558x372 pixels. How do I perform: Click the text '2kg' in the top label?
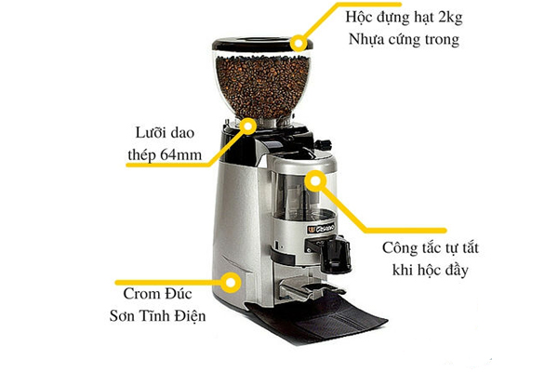point(450,18)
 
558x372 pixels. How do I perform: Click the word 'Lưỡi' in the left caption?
point(147,132)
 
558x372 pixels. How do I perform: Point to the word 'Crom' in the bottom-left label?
point(139,294)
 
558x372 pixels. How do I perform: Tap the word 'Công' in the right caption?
point(398,248)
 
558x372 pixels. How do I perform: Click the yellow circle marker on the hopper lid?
point(299,44)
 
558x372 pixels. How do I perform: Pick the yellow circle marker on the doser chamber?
point(315,180)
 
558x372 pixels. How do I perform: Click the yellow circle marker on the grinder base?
point(231,283)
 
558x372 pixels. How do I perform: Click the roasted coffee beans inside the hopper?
point(261,86)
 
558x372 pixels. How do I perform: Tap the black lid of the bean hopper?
point(262,44)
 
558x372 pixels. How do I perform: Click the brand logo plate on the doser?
point(321,228)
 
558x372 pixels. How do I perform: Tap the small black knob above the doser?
point(323,144)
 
